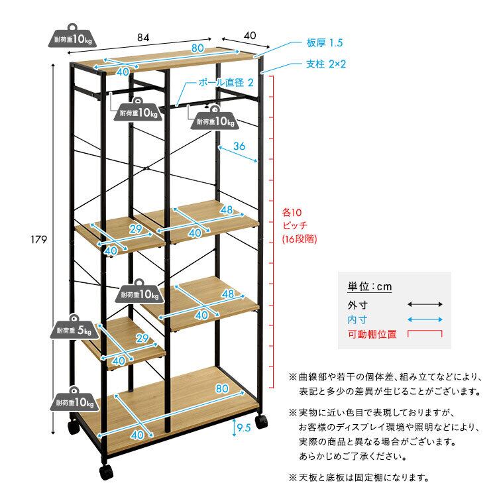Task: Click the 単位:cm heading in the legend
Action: [x=370, y=286]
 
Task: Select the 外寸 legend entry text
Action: [x=357, y=304]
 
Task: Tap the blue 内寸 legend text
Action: [x=357, y=319]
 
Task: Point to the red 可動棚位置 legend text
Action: [x=372, y=334]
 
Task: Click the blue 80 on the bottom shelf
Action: [x=223, y=388]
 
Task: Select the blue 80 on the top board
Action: [x=197, y=47]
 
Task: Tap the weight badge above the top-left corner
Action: [x=74, y=38]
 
